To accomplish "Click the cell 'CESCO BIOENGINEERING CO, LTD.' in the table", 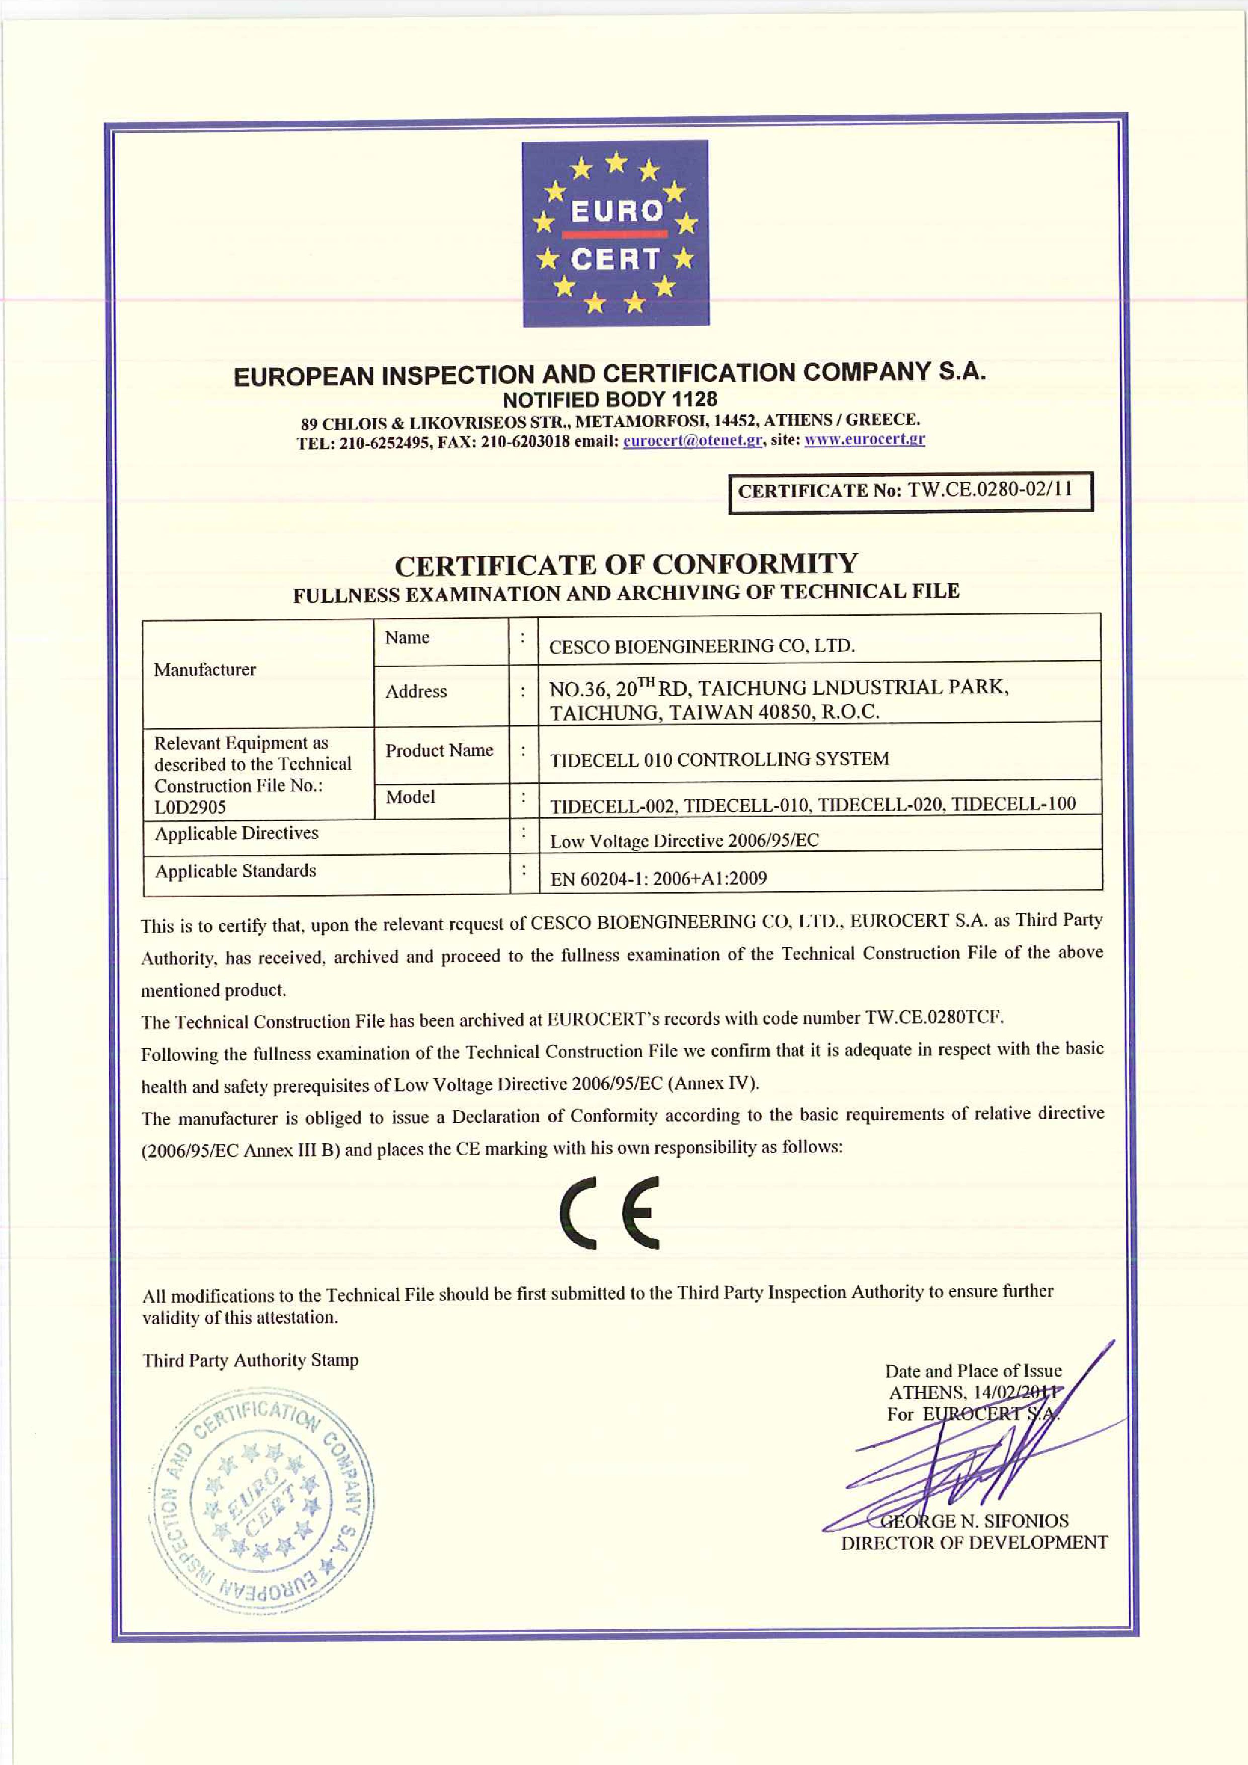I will pyautogui.click(x=702, y=646).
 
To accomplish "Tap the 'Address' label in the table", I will pyautogui.click(x=415, y=691).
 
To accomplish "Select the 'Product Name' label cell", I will pyautogui.click(x=439, y=750).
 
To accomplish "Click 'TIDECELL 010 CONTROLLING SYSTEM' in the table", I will pyautogui.click(x=719, y=760).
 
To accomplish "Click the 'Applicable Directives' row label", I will pyautogui.click(x=237, y=833).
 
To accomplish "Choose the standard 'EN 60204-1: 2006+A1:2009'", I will pyautogui.click(x=658, y=878).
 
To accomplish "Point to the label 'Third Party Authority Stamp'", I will pyautogui.click(x=251, y=1360).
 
